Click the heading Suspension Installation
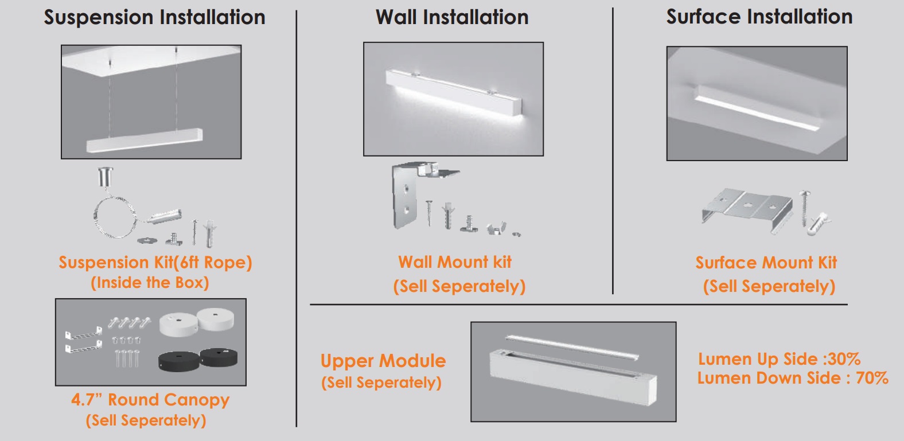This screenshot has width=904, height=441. tap(154, 17)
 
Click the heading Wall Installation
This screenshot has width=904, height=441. tap(452, 17)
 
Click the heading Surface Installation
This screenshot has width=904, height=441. tap(759, 17)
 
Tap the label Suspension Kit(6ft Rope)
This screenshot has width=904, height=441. tap(155, 263)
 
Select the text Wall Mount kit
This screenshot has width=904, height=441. tap(455, 262)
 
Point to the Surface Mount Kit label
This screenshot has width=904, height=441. tap(766, 263)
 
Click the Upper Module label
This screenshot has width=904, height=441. tap(383, 361)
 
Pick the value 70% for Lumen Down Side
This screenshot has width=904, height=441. tap(872, 378)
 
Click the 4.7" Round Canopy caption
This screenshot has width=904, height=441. tap(150, 400)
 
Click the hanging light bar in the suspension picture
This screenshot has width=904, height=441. tap(144, 140)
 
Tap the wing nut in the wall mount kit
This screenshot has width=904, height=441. tap(495, 229)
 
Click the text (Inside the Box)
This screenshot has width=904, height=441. tap(150, 283)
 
